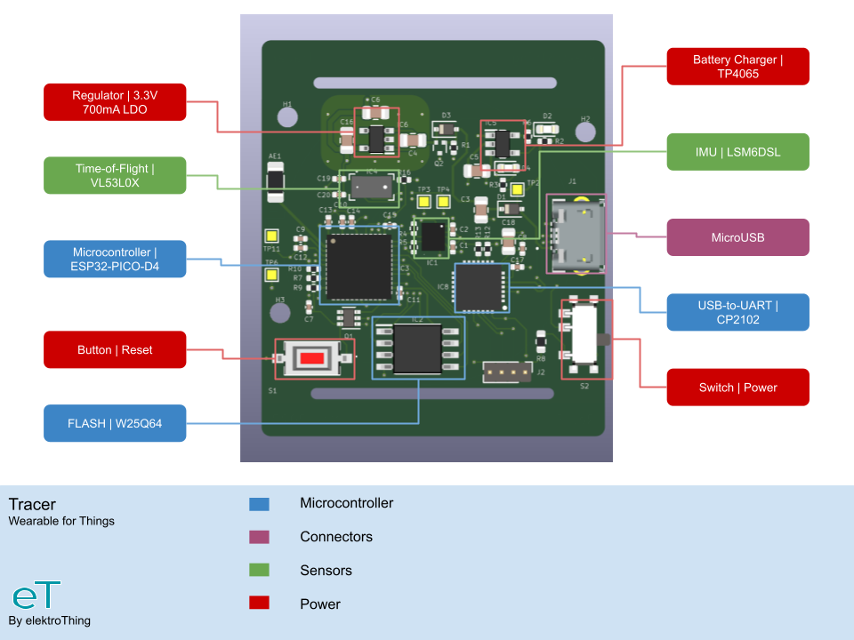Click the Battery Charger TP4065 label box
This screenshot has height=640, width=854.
click(737, 67)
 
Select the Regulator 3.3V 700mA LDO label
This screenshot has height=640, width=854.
click(115, 102)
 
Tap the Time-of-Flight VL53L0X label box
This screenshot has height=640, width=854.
click(115, 175)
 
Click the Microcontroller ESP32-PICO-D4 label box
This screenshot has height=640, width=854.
click(115, 259)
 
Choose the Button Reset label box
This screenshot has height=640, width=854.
click(115, 349)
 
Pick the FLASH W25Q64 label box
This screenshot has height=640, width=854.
click(115, 423)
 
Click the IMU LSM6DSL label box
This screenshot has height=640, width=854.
click(737, 152)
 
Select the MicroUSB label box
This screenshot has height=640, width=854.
click(737, 237)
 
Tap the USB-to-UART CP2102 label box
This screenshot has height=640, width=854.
click(737, 312)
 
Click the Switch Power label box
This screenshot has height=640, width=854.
click(737, 387)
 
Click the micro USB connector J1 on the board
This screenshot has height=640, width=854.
click(574, 236)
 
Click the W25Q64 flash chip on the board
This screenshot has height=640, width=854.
click(417, 348)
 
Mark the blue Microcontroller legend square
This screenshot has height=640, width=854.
click(259, 504)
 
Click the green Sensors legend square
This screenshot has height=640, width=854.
click(259, 571)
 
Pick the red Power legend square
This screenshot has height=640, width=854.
click(259, 604)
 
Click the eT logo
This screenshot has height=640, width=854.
click(36, 596)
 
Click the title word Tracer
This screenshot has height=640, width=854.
click(32, 504)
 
